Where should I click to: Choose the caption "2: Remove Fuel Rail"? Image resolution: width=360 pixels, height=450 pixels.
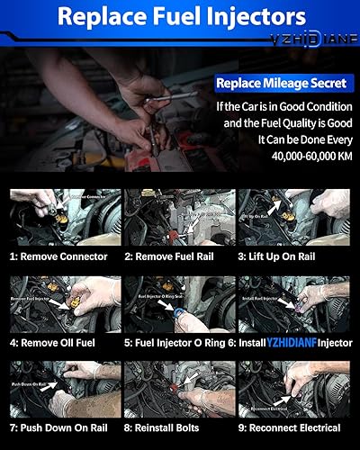click(x=178, y=256)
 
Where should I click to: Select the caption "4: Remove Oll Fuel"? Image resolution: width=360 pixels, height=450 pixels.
click(x=59, y=342)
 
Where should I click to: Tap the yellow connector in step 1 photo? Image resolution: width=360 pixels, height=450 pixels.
click(x=67, y=221)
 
